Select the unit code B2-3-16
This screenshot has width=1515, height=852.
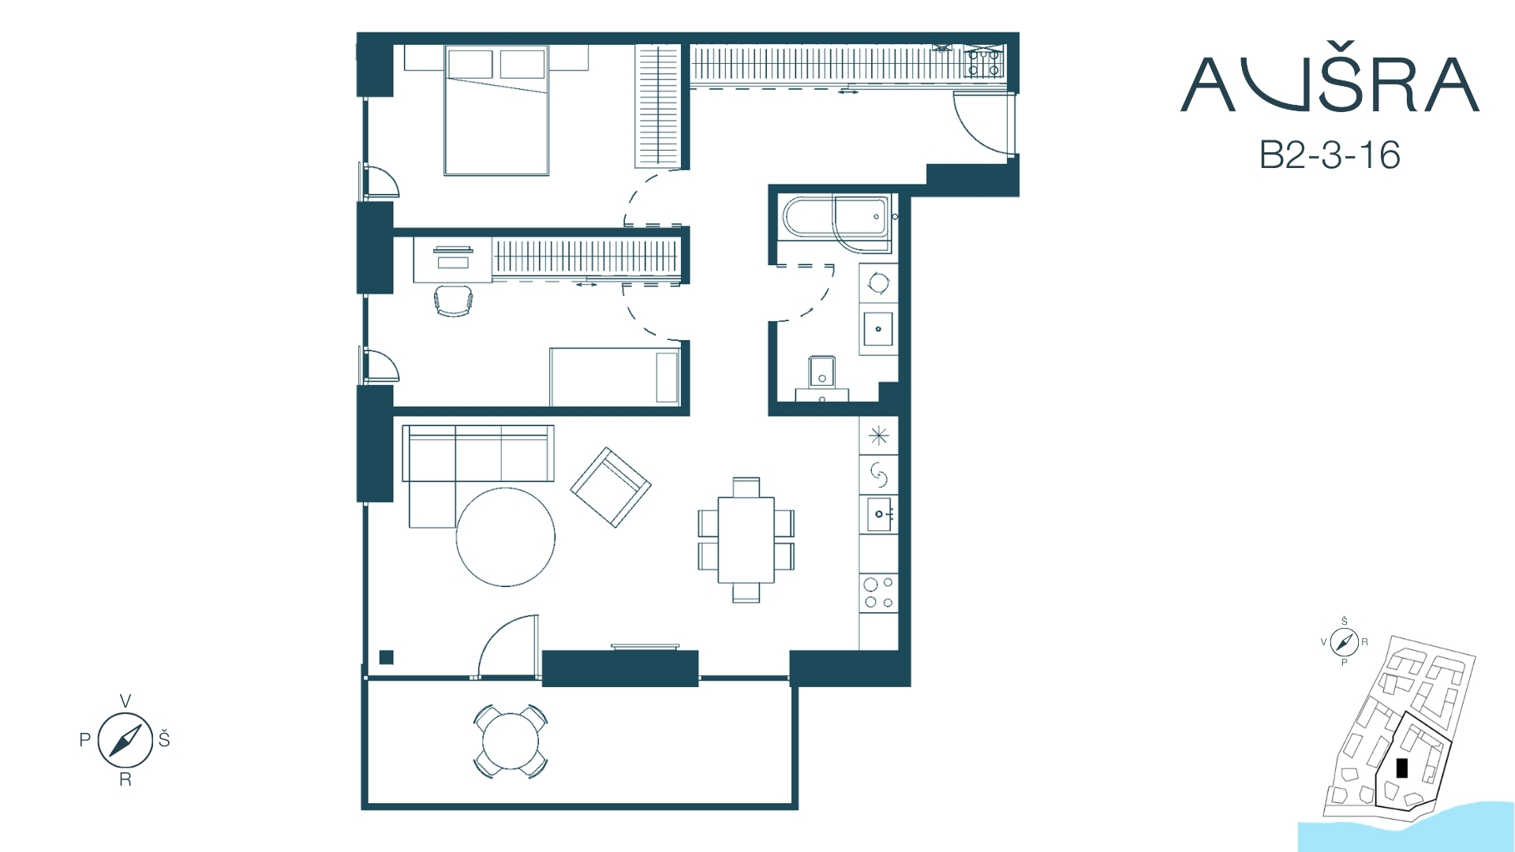(x=1330, y=155)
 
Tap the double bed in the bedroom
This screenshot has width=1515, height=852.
(x=496, y=110)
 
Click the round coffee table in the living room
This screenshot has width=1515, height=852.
(x=505, y=537)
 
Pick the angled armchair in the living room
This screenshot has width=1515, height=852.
(x=611, y=488)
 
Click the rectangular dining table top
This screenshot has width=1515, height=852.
(x=746, y=540)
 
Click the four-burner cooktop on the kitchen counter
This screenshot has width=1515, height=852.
(x=878, y=593)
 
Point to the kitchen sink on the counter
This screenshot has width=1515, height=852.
(x=879, y=514)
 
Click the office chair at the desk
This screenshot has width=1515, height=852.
(x=454, y=301)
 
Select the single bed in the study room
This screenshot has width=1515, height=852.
(x=615, y=377)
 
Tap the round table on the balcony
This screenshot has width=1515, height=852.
(x=511, y=742)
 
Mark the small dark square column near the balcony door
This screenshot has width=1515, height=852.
(x=386, y=657)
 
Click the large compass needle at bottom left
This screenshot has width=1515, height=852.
(x=125, y=740)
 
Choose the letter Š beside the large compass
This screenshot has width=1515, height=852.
(x=164, y=738)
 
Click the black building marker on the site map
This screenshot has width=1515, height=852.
(x=1401, y=768)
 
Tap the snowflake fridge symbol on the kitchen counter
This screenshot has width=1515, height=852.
(x=878, y=435)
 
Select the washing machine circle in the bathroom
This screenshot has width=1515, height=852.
(x=878, y=282)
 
